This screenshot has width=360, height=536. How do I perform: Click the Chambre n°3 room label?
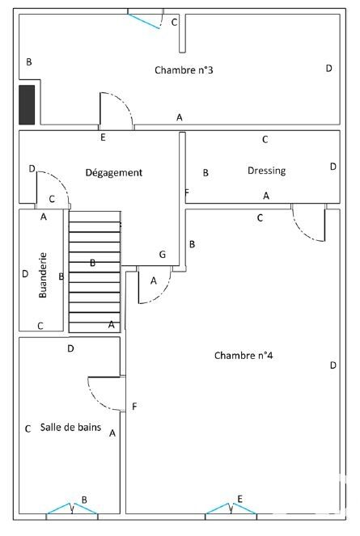184,70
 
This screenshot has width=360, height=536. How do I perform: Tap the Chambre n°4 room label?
244,356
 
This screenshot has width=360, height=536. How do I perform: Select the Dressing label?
267,171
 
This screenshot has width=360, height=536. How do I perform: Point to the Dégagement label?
113,173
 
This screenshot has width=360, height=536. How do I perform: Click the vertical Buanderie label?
43,275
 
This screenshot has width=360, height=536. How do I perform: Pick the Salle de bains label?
70,428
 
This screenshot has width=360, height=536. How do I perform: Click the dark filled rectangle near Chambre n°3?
27,104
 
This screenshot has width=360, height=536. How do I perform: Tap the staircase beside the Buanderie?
95,272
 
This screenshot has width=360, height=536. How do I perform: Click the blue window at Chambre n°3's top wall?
145,20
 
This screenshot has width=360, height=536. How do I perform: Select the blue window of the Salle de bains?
72,509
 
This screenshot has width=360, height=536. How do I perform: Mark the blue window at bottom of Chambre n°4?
231,509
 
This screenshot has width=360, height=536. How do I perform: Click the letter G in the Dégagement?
163,255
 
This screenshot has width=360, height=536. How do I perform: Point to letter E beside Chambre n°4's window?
240,499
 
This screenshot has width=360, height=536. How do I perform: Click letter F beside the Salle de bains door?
134,407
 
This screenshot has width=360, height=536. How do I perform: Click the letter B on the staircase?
92,263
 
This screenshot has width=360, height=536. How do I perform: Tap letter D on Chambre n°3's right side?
329,69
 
